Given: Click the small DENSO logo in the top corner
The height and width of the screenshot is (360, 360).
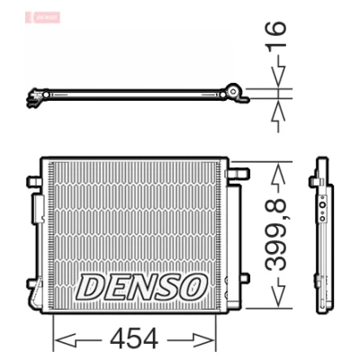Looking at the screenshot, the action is (x=43, y=17).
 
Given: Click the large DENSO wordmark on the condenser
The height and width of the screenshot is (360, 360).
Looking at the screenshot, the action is (x=141, y=287).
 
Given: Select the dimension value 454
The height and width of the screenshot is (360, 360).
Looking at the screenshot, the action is (x=134, y=339).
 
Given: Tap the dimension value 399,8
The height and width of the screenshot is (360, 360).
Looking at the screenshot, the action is (x=276, y=235).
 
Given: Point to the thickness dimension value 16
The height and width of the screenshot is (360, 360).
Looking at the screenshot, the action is (x=275, y=34).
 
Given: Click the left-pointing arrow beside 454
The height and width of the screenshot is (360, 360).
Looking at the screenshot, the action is (x=78, y=340).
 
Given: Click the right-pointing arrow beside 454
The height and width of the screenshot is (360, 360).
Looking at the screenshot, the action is (x=191, y=340).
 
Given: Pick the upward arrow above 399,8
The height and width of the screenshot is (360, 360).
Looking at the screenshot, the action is (x=278, y=177).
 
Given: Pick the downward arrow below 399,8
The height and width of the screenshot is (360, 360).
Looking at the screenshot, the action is (x=278, y=292).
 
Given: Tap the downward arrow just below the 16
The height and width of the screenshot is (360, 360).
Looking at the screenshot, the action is (x=278, y=71).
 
